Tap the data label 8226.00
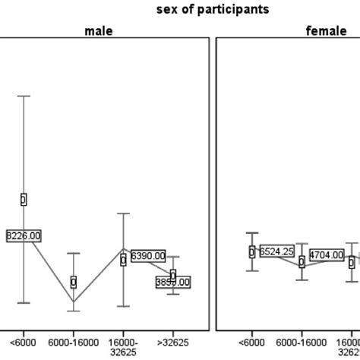pyautogui.click(x=24, y=235)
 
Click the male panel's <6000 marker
pyautogui.click(x=24, y=200)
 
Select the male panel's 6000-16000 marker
pyautogui.click(x=74, y=282)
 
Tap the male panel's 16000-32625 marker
pyautogui.click(x=123, y=260)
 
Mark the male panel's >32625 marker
pyautogui.click(x=173, y=275)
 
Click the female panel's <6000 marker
pyautogui.click(x=252, y=252)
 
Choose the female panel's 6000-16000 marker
pyautogui.click(x=302, y=261)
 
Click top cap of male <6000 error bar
pyautogui.click(x=24, y=96)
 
